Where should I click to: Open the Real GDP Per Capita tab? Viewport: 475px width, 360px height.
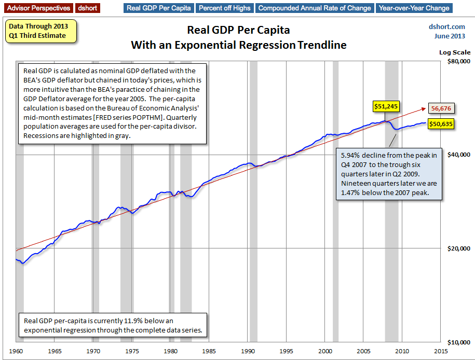pos(159,8)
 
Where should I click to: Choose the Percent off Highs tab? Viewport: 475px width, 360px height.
pos(225,8)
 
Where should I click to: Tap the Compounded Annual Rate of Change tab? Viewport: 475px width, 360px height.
pos(315,8)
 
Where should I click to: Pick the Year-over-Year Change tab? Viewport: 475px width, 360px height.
pos(414,8)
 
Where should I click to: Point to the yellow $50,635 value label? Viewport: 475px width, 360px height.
pos(440,124)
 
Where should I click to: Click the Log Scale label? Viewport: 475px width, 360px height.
pos(455,52)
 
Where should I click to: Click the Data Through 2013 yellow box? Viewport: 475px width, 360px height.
pos(40,31)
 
